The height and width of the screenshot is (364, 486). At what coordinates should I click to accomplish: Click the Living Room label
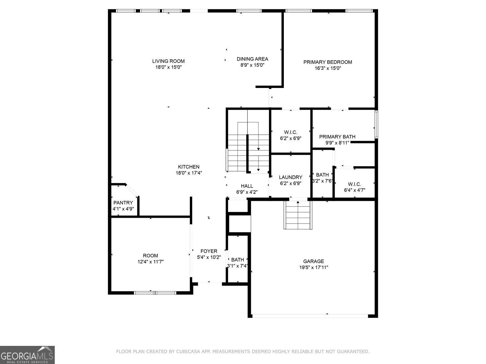(168, 61)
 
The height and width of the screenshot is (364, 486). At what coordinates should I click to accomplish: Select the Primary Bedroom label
(328, 62)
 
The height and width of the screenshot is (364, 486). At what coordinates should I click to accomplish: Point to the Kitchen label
(189, 167)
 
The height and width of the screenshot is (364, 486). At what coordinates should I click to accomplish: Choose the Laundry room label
(290, 177)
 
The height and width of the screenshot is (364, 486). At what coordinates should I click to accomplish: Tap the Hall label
(247, 186)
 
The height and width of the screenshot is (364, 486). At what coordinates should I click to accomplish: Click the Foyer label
(209, 251)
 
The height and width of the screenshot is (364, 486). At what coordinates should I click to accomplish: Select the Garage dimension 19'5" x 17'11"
(314, 268)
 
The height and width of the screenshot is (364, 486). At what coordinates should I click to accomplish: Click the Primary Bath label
(337, 137)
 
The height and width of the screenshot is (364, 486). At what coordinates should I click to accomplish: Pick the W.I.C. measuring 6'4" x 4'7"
(354, 187)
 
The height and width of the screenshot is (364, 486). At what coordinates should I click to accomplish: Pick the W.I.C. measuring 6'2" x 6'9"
(291, 135)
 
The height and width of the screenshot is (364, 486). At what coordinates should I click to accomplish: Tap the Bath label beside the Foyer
(237, 260)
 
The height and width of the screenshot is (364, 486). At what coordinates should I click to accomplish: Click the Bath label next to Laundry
(322, 175)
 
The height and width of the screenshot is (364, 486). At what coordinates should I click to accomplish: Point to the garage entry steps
(298, 215)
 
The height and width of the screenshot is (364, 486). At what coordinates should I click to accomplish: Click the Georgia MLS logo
(27, 355)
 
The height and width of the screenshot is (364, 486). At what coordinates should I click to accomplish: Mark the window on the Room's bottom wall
(155, 293)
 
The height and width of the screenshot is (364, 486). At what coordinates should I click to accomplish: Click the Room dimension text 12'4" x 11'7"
(151, 262)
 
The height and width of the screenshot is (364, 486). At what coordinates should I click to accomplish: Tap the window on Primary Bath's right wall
(376, 124)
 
